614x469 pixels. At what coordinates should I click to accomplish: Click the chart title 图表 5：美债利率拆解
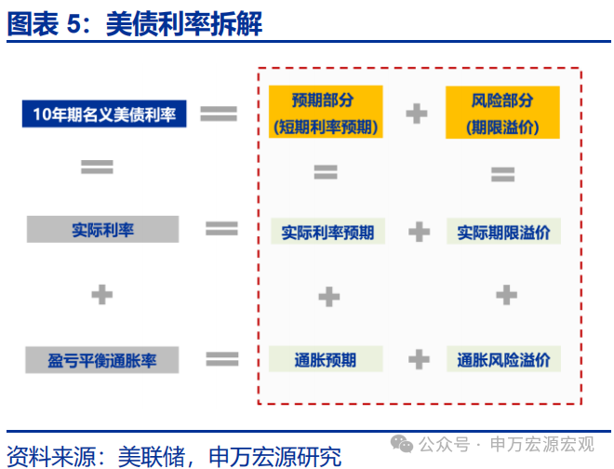pos(135,24)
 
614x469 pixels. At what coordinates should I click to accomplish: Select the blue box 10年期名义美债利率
pos(104,114)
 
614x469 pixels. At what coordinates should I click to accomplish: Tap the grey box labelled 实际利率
pos(102,229)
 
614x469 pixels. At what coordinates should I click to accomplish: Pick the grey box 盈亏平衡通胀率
pos(102,359)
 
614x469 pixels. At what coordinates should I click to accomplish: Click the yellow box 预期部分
pos(324,113)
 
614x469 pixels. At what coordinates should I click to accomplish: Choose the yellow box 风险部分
pos(502,113)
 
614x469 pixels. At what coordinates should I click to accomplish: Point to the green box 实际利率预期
pos(327,232)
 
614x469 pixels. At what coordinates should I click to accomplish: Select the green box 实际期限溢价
pos(503,232)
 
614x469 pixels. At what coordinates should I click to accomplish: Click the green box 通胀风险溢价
pos(503,359)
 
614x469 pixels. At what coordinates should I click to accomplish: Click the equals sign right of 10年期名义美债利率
pos(220,114)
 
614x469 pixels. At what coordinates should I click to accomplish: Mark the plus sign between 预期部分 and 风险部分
pos(417,114)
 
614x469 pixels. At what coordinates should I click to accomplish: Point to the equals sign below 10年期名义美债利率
pos(97,167)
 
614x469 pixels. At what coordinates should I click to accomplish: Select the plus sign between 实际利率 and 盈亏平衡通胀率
pos(101,295)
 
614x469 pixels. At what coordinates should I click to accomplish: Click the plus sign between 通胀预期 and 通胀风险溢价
pos(419,359)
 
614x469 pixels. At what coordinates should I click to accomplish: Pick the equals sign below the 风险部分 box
pos(502,174)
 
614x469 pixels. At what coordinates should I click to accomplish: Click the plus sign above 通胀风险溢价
pos(505,295)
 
